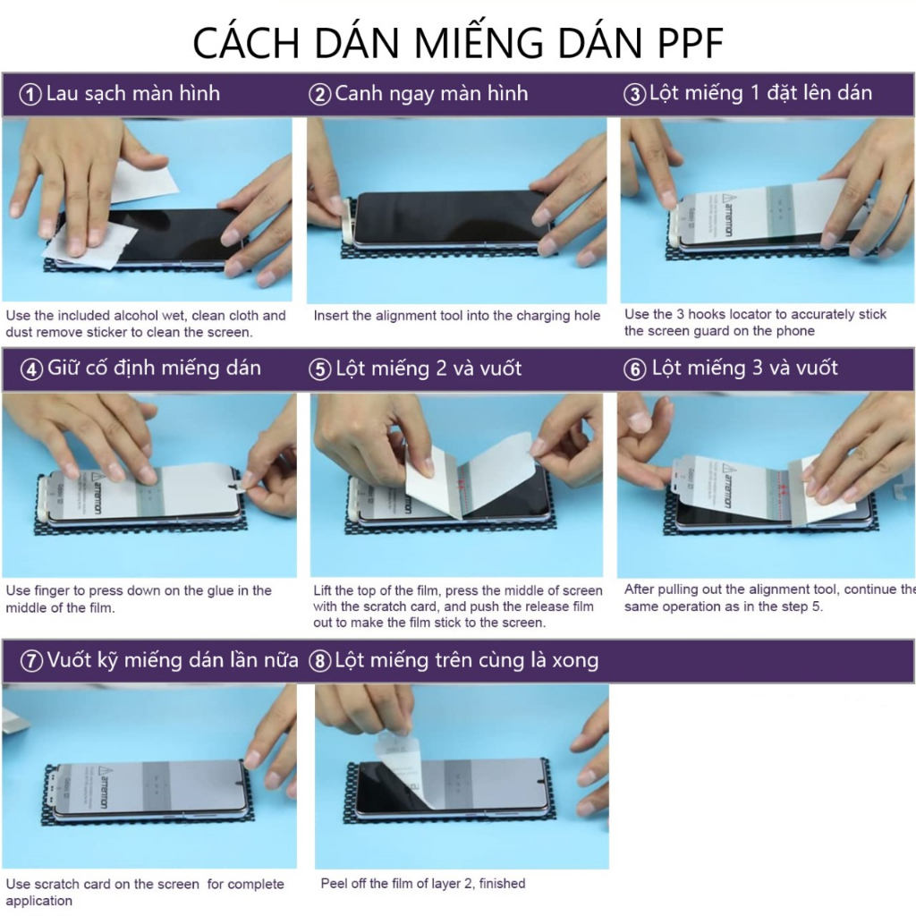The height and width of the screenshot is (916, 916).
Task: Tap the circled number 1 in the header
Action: coord(31,95)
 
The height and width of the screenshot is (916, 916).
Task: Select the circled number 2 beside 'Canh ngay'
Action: coord(319,95)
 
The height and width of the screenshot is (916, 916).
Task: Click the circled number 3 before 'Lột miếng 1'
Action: coord(634,95)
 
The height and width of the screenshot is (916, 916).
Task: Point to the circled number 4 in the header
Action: coord(31,369)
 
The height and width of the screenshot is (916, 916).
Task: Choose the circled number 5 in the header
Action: coord(319,369)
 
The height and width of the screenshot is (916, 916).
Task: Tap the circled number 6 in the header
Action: coord(634,369)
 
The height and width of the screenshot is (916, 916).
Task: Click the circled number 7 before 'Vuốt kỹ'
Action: coord(31,662)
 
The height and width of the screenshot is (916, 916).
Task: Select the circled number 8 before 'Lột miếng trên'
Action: coord(319,662)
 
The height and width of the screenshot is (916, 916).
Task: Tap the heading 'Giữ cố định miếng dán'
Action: coord(154,368)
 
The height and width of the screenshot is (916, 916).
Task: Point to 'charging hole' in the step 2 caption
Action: coord(556,316)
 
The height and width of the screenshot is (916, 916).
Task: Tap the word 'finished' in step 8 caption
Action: coord(502,884)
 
